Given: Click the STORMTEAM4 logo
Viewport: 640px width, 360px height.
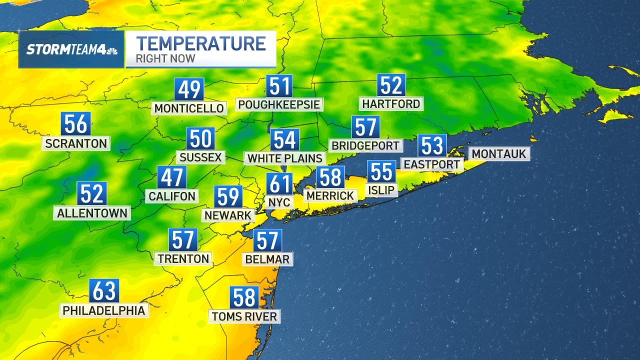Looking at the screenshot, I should coord(71,49).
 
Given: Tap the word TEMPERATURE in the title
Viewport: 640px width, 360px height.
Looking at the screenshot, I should coord(201,43).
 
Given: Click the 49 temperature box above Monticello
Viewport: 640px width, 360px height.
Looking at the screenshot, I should coord(189,90).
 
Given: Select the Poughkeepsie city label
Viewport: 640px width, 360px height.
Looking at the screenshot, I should coord(278,104).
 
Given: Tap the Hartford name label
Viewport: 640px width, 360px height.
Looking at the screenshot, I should coord(391,104).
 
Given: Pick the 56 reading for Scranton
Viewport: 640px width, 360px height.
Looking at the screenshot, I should coord(76,124).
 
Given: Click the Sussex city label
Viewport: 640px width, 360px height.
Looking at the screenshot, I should coord(200,157).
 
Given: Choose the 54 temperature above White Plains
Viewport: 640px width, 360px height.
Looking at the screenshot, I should coord(284,140).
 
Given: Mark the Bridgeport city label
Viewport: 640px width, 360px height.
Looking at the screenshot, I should coord(366,145).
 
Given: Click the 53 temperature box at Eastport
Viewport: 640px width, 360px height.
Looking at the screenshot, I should coord(432,145).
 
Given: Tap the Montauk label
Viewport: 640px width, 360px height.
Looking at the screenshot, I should coord(498,153).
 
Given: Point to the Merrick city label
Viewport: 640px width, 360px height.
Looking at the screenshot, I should coord(330,195).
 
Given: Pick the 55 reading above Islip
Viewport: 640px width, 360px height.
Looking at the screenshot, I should coord(381,172).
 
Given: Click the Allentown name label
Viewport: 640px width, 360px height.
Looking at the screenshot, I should coord(92,212).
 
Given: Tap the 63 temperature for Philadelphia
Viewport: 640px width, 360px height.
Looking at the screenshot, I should coord(104,291).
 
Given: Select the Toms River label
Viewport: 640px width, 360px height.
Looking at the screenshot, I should coord(244,316).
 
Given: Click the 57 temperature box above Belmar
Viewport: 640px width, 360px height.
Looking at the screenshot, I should coord(267,241).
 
